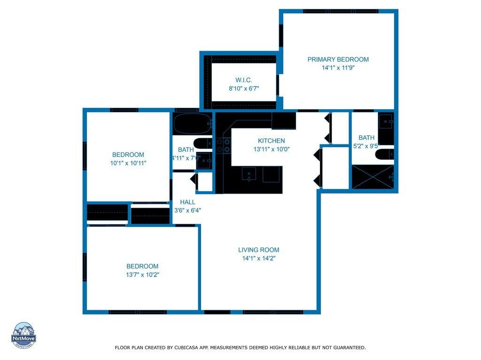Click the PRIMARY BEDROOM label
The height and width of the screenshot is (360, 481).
[x=338, y=60]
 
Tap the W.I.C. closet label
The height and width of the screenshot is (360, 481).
[x=244, y=80]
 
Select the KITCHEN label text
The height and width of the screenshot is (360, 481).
[x=271, y=141]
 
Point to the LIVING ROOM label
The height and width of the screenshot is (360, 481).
[x=259, y=250]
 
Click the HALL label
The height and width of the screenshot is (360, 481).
[x=187, y=202]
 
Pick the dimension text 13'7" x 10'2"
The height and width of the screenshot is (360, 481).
[x=142, y=275]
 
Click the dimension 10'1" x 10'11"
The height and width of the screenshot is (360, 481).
[x=128, y=163]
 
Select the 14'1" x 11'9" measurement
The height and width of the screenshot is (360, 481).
[x=338, y=67]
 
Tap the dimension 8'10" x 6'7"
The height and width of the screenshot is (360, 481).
[x=244, y=89]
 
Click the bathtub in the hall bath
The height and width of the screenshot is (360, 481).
[x=193, y=123]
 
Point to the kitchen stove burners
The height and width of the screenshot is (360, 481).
[x=223, y=146]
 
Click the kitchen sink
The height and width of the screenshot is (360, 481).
[x=249, y=174]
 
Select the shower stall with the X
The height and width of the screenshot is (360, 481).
[x=372, y=177]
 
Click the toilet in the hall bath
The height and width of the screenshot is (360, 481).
[x=203, y=143]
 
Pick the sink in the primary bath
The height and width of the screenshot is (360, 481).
[x=386, y=121]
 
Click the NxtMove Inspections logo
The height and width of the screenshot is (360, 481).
[x=23, y=335]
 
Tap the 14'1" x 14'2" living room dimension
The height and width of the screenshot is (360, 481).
[x=259, y=258]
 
